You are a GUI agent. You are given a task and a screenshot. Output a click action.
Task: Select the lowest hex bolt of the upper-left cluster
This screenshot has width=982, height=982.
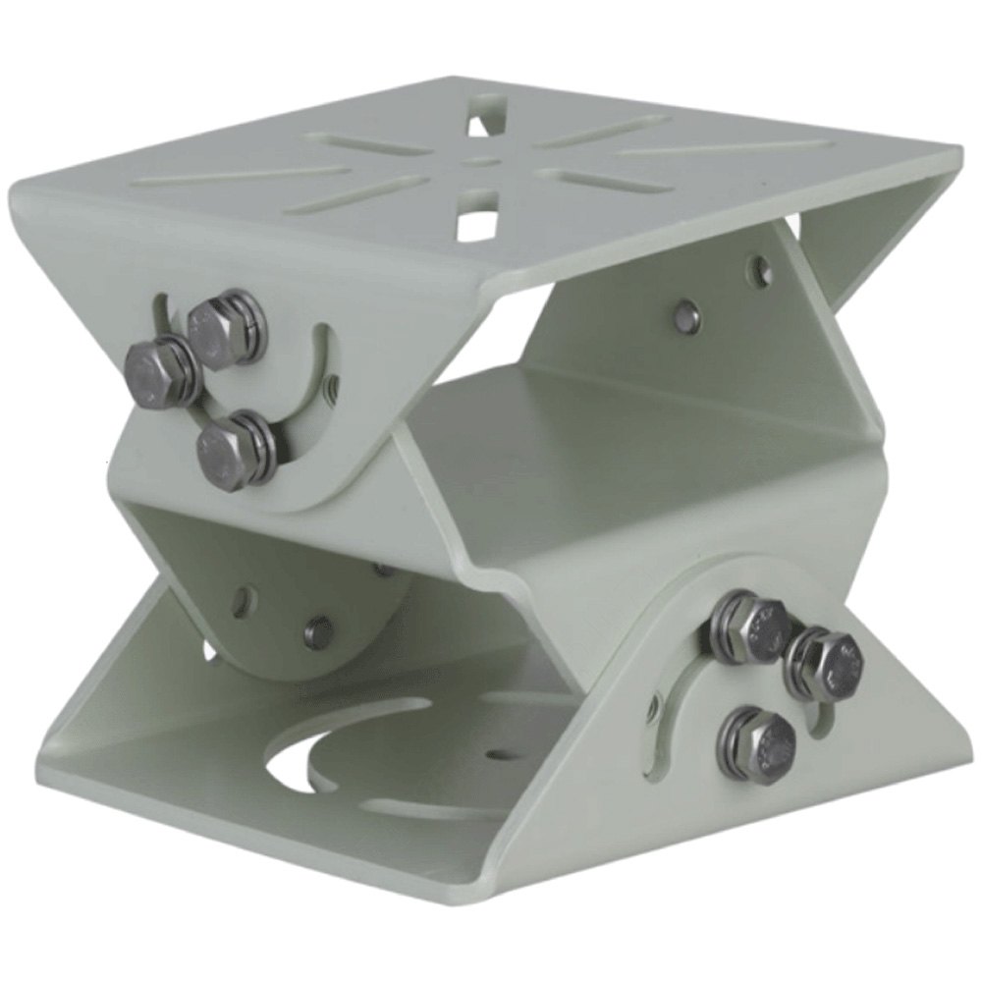coord(233,451)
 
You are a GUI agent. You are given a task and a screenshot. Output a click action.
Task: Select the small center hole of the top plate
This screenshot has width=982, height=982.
coord(478,162)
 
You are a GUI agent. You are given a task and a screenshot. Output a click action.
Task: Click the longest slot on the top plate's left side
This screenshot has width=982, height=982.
coord(241,175)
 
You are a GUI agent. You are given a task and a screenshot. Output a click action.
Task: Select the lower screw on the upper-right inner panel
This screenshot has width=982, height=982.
coord(690,316)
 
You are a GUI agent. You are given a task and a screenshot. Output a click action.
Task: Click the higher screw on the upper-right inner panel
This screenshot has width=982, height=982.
coord(758,265)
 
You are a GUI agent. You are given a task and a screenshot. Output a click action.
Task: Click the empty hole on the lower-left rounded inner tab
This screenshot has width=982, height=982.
coord(242,602)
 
